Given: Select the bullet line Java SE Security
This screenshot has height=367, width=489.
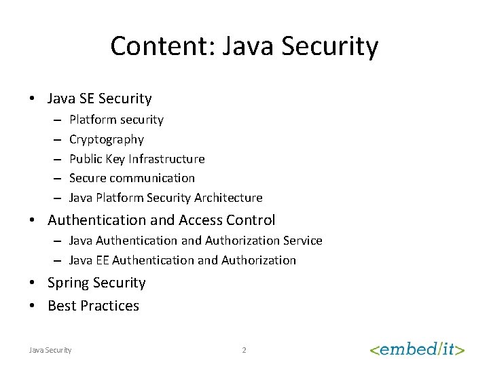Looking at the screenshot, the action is (99, 99).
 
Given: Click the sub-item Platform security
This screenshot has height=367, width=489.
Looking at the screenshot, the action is (116, 120).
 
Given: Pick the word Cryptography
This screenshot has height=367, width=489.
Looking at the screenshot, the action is (107, 139).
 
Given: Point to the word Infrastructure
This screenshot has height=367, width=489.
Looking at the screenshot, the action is (166, 159).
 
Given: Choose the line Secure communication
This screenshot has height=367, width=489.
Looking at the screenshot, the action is (132, 178).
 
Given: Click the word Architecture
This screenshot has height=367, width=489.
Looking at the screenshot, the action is (228, 198).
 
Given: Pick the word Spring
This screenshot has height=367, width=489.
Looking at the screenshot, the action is (69, 283).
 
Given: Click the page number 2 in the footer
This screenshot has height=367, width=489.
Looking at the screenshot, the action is (244, 350).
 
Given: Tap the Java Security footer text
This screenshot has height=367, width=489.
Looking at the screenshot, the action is (50, 350).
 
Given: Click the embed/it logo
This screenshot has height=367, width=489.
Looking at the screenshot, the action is (417, 349).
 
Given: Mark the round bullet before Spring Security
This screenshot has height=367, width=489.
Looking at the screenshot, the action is (33, 283).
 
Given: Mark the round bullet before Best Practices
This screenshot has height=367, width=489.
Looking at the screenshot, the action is (33, 307).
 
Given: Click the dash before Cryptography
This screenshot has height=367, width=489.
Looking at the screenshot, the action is (56, 139).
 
